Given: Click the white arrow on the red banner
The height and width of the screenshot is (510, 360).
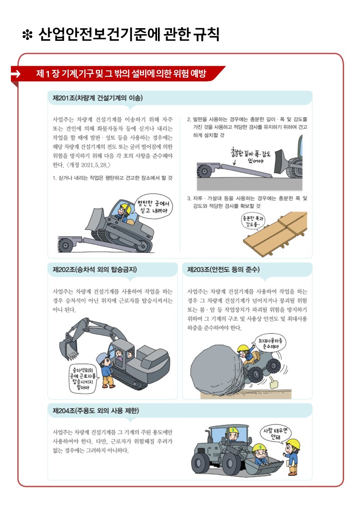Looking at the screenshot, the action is coord(15,74).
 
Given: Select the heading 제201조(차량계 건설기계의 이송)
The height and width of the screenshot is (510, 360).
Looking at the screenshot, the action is coord(98,98).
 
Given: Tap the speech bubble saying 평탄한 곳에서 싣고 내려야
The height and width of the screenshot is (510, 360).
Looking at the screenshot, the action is coord(153,206).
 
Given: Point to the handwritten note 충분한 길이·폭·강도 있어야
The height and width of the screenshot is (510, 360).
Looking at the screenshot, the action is coord(251,155).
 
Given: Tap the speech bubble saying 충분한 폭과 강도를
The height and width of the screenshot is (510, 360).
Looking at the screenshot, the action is coord(253,222).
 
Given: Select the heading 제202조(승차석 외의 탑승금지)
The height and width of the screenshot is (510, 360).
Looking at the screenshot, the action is coord(94,269).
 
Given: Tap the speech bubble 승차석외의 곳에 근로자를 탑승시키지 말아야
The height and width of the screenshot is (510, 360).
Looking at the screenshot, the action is coord(83,379).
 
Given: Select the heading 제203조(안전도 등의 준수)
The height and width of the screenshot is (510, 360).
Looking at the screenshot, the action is coord(223,269).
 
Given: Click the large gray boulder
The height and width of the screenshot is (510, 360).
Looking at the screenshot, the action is coord(217,370).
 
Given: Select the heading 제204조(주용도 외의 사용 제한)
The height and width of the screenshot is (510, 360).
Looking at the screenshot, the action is coord(96,411).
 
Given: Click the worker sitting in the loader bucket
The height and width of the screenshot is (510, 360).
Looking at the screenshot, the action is coord(261,455).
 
